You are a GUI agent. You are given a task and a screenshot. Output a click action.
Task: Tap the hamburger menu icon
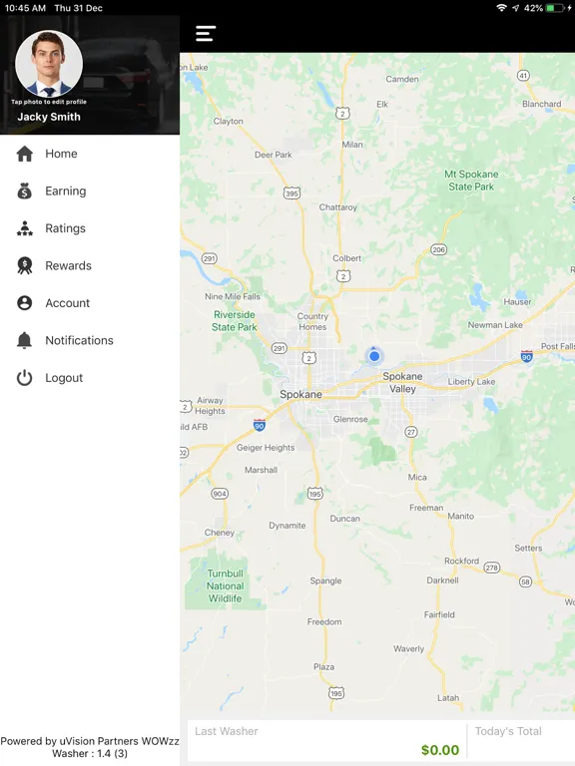click(x=206, y=33)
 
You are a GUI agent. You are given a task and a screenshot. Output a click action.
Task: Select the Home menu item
click(x=61, y=154)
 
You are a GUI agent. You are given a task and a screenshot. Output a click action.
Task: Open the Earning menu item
click(x=66, y=191)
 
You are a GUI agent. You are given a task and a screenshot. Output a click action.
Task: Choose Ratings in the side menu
click(x=65, y=228)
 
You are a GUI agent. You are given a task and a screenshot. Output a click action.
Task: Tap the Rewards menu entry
click(x=68, y=266)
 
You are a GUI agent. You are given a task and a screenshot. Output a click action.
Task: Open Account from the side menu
click(x=67, y=303)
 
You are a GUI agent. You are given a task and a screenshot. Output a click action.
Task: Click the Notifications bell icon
click(x=25, y=341)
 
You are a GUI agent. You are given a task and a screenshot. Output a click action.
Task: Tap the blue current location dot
click(x=374, y=356)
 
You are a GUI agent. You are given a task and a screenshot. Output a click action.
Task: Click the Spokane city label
click(x=300, y=395)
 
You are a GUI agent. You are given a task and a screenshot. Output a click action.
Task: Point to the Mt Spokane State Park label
click(x=471, y=181)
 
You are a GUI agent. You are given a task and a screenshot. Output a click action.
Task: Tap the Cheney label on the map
click(x=220, y=533)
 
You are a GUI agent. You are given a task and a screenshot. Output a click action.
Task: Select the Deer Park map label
click(x=273, y=155)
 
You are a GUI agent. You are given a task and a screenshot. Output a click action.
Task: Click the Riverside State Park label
click(x=235, y=321)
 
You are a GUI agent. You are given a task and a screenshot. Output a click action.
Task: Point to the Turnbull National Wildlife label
click(x=226, y=586)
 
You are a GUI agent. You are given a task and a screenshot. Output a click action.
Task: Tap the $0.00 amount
click(x=440, y=750)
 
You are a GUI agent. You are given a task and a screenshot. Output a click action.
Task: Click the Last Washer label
click(x=227, y=731)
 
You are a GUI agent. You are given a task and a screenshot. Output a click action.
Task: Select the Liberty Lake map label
click(x=471, y=382)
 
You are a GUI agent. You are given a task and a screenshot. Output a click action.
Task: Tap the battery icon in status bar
click(x=556, y=8)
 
